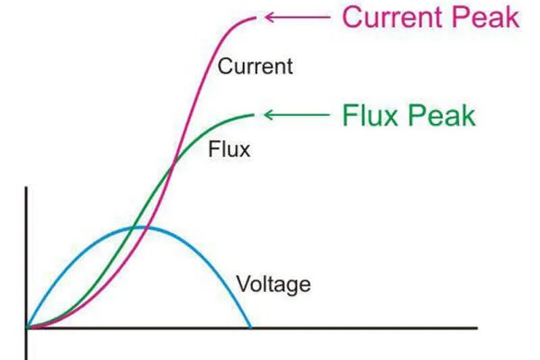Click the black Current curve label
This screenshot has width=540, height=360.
tap(255, 67)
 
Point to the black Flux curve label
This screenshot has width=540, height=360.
tap(229, 148)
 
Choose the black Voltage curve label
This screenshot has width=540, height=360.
tap(273, 283)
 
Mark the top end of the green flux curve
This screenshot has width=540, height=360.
tap(254, 115)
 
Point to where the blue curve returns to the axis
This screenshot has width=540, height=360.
tap(251, 328)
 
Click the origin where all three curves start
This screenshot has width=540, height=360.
tap(27, 328)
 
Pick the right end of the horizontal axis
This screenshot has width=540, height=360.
tap(477, 328)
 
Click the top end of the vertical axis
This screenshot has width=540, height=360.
tap(26, 188)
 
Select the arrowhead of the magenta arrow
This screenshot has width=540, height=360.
tap(269, 17)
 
